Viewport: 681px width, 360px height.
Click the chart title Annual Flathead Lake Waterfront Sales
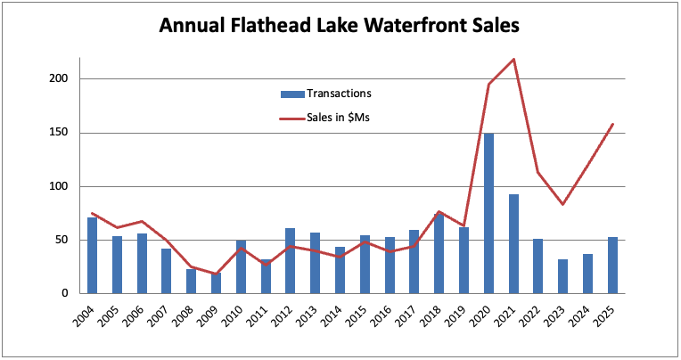[339, 26]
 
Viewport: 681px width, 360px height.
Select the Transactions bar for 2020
[488, 213]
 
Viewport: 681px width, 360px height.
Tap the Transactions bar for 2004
[92, 255]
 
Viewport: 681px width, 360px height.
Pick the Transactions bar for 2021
[513, 243]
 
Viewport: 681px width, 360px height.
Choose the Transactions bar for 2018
[439, 253]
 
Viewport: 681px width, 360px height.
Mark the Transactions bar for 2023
[562, 276]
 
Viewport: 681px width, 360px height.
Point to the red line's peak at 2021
[513, 60]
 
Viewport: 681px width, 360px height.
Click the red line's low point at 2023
[562, 204]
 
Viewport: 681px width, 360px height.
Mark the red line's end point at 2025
[612, 124]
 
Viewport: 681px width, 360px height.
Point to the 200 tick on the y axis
[63, 79]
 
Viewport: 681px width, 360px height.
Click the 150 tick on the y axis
[63, 133]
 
